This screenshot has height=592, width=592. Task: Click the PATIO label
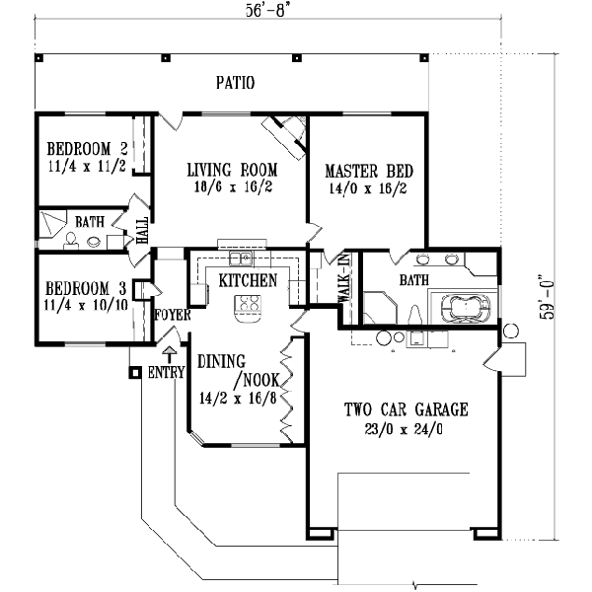coord(236,83)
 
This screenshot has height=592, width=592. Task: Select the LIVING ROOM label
coord(232,171)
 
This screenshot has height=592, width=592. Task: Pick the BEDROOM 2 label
coord(87,150)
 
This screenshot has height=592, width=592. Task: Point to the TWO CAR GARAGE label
coord(405,409)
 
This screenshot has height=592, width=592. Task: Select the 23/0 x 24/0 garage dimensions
coord(405,429)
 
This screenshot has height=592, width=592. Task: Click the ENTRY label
coord(167,374)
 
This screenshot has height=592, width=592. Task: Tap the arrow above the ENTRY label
coord(168,351)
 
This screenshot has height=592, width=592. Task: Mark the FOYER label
coord(172,315)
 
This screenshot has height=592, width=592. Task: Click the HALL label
coord(142,230)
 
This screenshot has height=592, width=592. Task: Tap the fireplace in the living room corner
coord(287,129)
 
